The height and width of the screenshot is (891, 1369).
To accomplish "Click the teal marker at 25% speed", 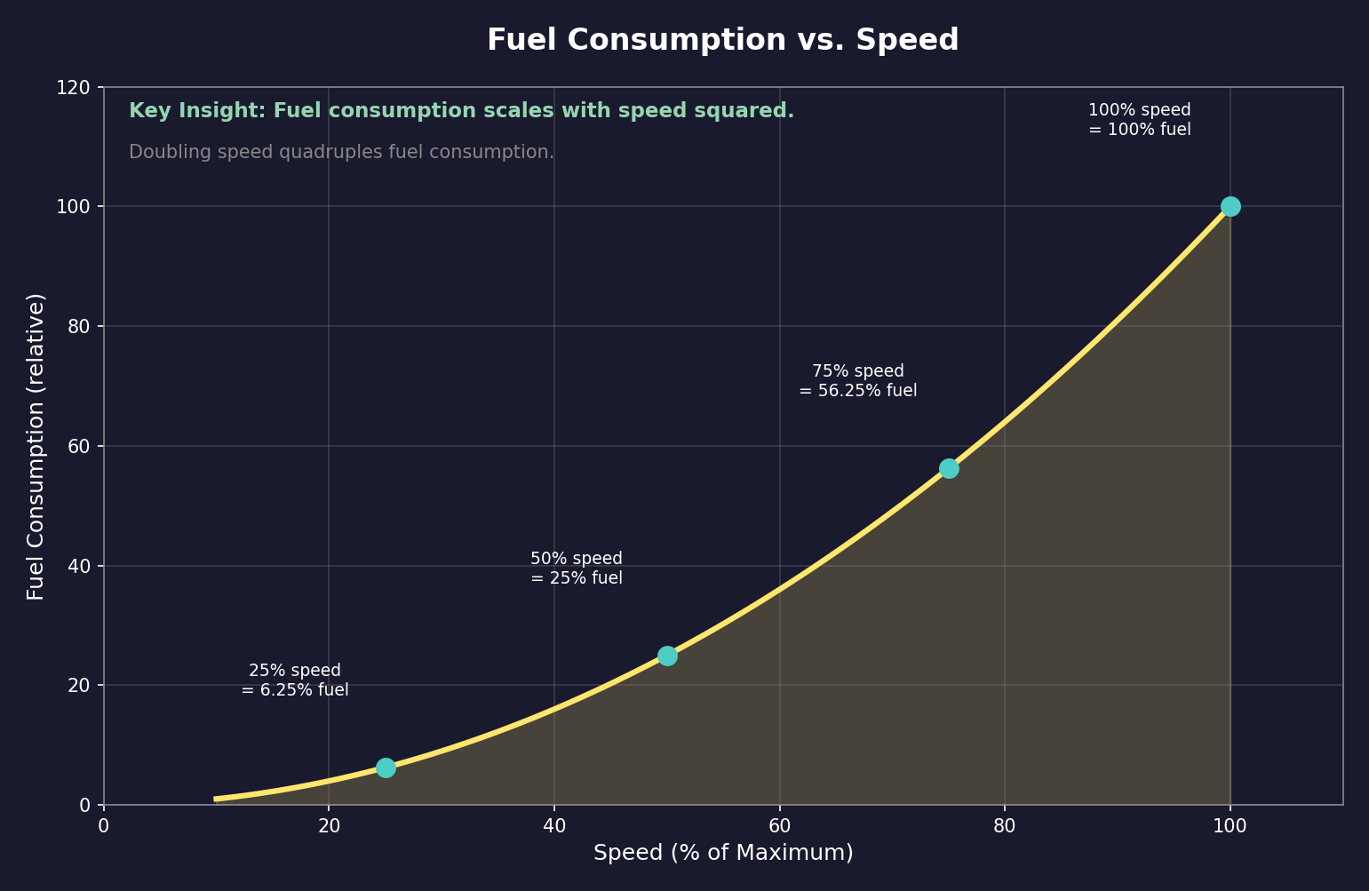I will tap(386, 768).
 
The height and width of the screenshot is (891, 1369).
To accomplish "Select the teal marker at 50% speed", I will tap(667, 656).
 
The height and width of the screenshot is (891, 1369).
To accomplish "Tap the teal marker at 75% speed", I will tap(949, 468).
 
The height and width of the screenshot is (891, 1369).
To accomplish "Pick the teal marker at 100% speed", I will tap(1230, 206).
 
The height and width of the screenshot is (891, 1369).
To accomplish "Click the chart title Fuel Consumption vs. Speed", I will tap(722, 41).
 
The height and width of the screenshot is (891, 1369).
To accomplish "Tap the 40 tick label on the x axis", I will tap(554, 826).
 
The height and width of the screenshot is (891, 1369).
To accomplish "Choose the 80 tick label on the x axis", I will tap(1005, 826).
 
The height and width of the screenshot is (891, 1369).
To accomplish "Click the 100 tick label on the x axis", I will tap(1230, 826).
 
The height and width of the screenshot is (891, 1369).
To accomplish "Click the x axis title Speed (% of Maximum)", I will tap(723, 853).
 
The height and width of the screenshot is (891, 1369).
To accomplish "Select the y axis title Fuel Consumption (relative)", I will tap(36, 446).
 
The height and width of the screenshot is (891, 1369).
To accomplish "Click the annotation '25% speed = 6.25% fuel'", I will tap(295, 680).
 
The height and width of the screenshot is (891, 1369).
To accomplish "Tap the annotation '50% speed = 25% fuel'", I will tap(577, 569).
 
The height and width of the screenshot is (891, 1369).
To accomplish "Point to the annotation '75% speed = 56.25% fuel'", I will tap(858, 381).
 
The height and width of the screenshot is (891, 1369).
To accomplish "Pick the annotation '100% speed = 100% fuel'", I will tap(1140, 120).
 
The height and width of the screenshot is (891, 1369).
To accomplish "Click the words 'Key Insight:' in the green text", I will tap(196, 111).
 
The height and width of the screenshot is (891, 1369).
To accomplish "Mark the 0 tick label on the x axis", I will tap(104, 826).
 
